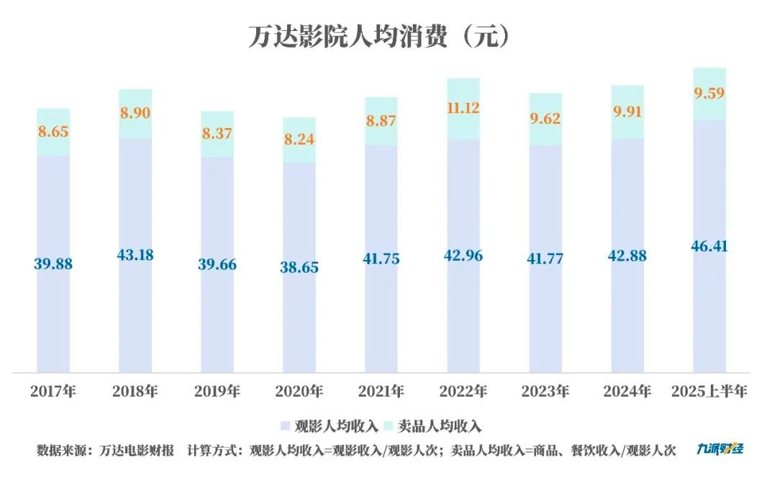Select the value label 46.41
(709, 247)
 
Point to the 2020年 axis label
(299, 392)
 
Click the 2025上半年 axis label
(709, 392)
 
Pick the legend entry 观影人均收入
(332, 426)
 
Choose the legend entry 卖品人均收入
(444, 426)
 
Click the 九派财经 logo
(719, 449)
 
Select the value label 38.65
(299, 267)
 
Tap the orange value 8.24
(299, 140)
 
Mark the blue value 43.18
(135, 255)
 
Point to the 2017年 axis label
(53, 392)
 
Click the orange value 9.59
(709, 93)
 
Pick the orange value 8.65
(53, 132)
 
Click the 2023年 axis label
(545, 392)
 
